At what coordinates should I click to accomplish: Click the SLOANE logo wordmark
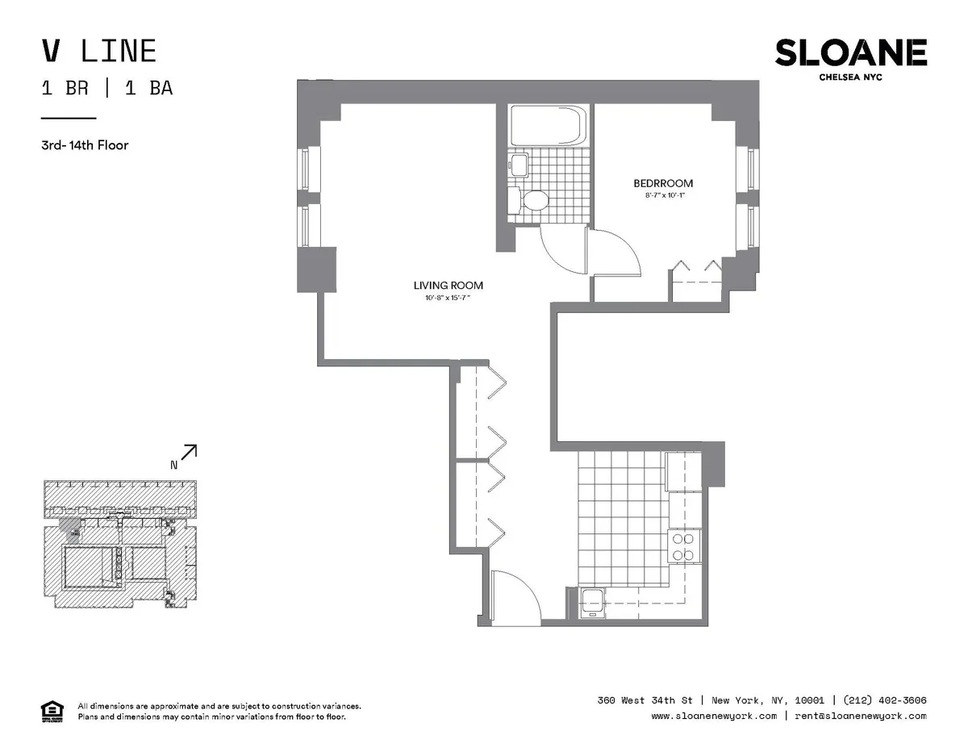coord(850,53)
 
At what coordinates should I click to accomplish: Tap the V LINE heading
coord(98,52)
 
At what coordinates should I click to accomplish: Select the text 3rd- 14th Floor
coord(86,146)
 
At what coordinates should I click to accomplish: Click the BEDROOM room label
coord(663,183)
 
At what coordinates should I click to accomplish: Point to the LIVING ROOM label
coord(448,286)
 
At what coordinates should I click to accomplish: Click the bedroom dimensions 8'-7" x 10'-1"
coord(663,195)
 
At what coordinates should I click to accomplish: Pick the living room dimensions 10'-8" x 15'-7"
coord(448,299)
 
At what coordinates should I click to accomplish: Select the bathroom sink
coord(518,165)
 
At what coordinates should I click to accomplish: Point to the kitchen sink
coord(593,602)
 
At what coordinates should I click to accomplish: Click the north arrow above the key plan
coord(188,454)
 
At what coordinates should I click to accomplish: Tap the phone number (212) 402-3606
coord(884,700)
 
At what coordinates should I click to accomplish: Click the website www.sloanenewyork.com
coord(714,716)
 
